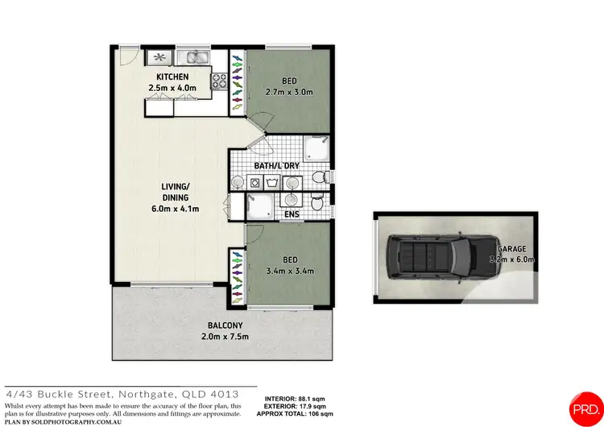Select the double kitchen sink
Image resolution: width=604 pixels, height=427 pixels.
coord(193,57)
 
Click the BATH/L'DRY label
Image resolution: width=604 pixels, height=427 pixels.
coord(276,166)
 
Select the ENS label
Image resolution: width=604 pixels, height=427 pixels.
coord(292,215)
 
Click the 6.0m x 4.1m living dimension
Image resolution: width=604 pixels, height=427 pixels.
coord(176,209)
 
